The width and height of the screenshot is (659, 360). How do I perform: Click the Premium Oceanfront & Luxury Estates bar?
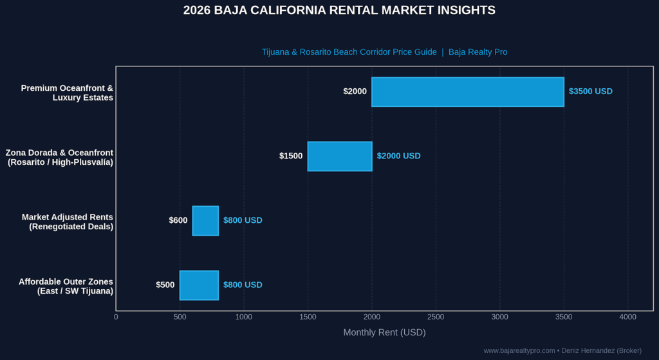click(x=468, y=91)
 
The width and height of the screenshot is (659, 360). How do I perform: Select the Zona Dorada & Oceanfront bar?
click(x=340, y=156)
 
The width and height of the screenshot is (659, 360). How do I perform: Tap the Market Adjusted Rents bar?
click(x=205, y=221)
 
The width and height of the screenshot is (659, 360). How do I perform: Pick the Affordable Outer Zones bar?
click(x=200, y=285)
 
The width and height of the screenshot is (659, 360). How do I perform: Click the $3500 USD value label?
click(x=591, y=91)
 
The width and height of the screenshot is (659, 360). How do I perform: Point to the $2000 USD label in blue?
click(x=398, y=156)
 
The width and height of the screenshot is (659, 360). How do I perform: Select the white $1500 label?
click(x=291, y=156)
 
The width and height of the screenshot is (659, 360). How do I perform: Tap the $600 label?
click(x=178, y=220)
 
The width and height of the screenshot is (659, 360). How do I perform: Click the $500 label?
click(x=165, y=285)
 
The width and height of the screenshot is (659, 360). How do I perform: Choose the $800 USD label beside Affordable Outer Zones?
click(x=243, y=285)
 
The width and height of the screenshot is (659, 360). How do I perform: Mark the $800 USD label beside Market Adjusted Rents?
click(x=243, y=220)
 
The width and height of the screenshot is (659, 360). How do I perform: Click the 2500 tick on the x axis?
click(x=436, y=317)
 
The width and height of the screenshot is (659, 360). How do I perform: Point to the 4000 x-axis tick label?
click(x=628, y=317)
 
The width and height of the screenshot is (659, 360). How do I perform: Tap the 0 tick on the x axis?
click(x=116, y=317)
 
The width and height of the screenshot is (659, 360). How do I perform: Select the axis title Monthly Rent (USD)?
click(x=385, y=333)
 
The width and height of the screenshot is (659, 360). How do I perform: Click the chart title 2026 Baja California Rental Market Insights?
click(x=339, y=10)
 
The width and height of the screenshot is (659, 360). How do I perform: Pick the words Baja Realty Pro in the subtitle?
click(x=478, y=52)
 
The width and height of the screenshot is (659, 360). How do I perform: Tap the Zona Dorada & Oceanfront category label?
click(x=59, y=157)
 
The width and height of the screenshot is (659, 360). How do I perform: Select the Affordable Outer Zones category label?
click(x=66, y=287)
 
